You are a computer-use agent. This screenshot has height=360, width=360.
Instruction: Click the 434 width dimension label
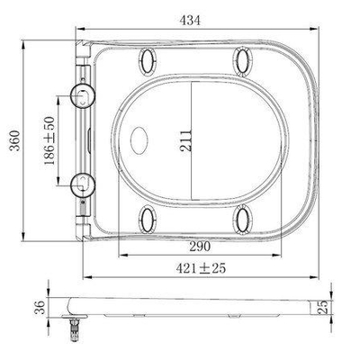pyautogui.click(x=190, y=20)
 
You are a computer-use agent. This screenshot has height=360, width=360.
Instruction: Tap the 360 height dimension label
pyautogui.click(x=14, y=140)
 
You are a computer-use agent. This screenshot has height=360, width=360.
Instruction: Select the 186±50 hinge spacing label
pyautogui.click(x=49, y=140)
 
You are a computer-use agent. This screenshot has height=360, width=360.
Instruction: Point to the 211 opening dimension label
pyautogui.click(x=185, y=140)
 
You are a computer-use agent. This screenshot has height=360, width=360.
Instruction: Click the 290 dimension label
pyautogui.click(x=200, y=247)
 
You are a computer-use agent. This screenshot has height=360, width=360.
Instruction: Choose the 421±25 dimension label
pyautogui.click(x=201, y=268)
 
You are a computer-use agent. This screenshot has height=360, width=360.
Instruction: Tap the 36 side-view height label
pyautogui.click(x=40, y=307)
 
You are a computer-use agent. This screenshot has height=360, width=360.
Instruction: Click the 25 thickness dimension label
pyautogui.click(x=322, y=307)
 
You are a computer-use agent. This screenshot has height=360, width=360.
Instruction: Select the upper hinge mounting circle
pyautogui.click(x=83, y=95)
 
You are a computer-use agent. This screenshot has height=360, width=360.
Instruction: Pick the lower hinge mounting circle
pyautogui.click(x=83, y=184)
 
